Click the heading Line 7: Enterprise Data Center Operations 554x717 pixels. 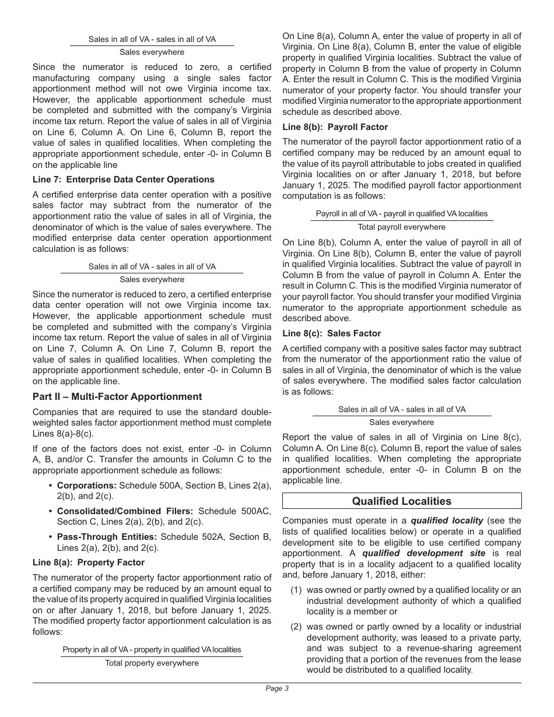point(124,180)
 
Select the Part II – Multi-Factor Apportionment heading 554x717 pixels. point(117,396)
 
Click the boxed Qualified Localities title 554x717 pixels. point(401,501)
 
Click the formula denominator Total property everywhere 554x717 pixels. point(152,663)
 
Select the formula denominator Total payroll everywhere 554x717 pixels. point(401,227)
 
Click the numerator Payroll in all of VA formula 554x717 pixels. point(401,213)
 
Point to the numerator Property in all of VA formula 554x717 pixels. point(152,649)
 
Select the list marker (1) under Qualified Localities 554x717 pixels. point(296,590)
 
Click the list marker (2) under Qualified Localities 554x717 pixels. point(296,627)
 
